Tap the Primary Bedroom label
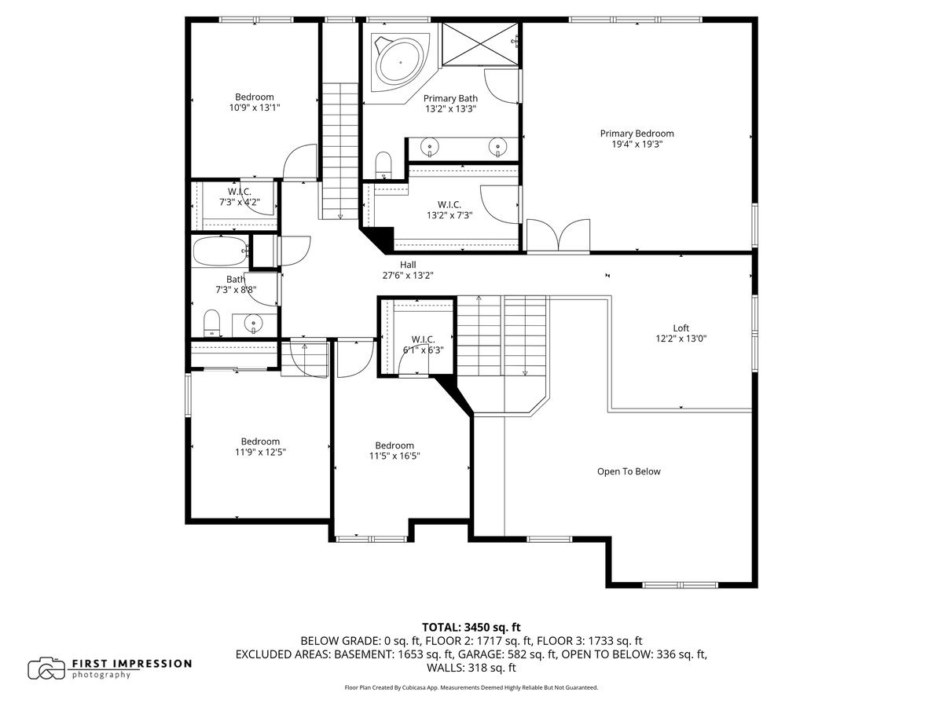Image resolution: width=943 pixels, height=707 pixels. coord(637,134)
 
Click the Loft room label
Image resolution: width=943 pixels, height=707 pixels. coord(681,328)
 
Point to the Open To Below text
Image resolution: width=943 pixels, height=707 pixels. coord(629,471)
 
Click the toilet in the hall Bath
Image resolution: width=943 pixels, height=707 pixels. coord(211,323)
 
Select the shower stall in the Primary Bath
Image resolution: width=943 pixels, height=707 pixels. coord(479,38)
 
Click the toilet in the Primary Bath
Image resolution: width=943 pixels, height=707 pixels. coord(383,164)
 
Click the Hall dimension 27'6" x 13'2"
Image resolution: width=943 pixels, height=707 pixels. coord(408,276)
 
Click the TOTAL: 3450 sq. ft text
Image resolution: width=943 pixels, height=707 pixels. coord(472,627)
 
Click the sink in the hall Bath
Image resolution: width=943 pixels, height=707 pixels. coord(253,323)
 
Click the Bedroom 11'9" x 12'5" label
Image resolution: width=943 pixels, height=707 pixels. coord(260,441)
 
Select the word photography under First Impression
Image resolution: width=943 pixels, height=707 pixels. coord(101,676)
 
